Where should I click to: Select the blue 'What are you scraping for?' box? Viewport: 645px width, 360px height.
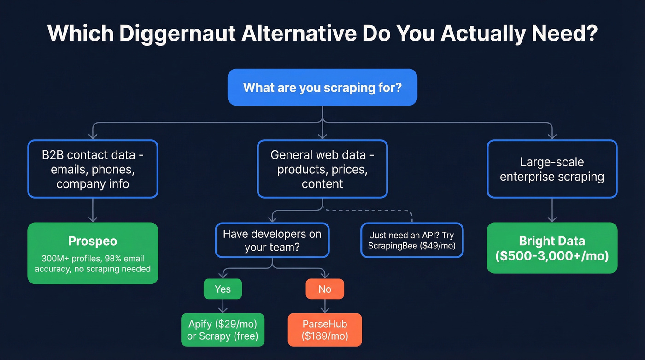[x=322, y=87]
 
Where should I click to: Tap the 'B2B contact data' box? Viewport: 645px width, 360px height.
[x=93, y=169]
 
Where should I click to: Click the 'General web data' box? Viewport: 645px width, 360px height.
[x=322, y=169]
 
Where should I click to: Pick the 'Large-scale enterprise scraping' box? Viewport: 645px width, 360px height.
[x=551, y=169]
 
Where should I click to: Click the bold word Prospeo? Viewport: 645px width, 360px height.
[x=93, y=241]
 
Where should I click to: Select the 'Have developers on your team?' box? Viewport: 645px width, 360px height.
[x=272, y=240]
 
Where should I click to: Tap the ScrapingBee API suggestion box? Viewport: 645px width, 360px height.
[x=411, y=240]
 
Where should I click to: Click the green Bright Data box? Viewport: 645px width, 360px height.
[x=551, y=248]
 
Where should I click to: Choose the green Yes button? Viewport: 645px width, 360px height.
[x=223, y=289]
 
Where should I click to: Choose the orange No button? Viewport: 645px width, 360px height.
[x=325, y=289]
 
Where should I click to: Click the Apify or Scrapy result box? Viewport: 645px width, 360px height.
[x=223, y=330]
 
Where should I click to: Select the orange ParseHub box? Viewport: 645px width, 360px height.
[x=325, y=330]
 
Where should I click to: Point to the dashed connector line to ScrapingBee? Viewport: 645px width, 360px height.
[x=369, y=211]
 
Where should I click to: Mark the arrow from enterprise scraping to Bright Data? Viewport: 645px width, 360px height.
[x=551, y=211]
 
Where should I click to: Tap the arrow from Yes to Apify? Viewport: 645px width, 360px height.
[x=223, y=306]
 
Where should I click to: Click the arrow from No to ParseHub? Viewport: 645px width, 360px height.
[x=325, y=306]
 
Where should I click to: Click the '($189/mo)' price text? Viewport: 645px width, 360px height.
[x=325, y=336]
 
